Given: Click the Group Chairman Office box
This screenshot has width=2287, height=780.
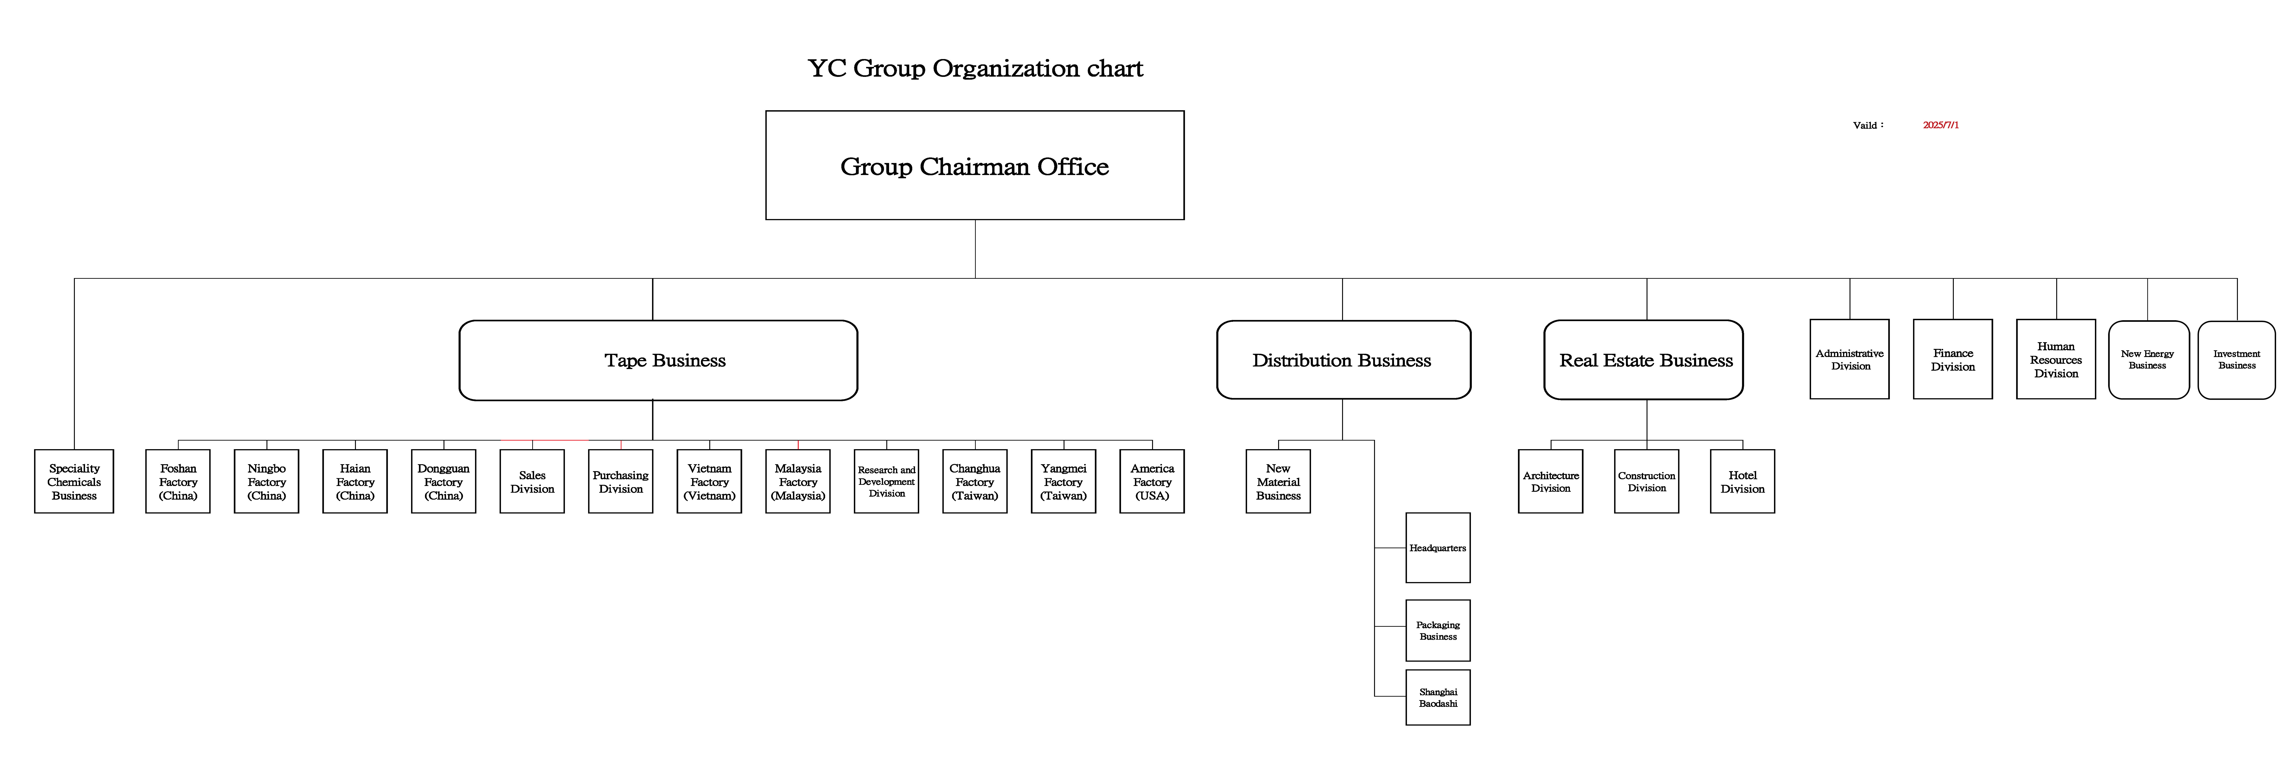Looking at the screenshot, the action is point(975,165).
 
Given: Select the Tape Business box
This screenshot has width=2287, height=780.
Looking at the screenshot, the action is point(658,360).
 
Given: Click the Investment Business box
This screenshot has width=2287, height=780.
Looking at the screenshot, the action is point(2236,359).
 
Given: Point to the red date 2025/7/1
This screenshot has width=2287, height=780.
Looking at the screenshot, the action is point(1941,125).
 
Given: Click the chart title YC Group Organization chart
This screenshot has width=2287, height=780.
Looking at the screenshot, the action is point(975,68).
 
